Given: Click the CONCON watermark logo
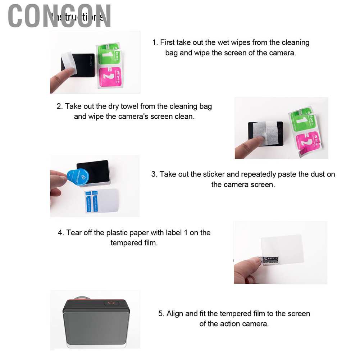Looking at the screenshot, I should click(59, 16).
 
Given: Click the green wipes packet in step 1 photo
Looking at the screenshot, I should click(108, 53).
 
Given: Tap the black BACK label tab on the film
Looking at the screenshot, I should click(270, 258).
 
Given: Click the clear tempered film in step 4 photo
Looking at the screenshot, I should click(282, 249).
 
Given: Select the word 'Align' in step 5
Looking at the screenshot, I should click(175, 314).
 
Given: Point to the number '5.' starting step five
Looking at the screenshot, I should click(161, 314).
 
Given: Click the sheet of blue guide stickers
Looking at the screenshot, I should click(101, 201).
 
